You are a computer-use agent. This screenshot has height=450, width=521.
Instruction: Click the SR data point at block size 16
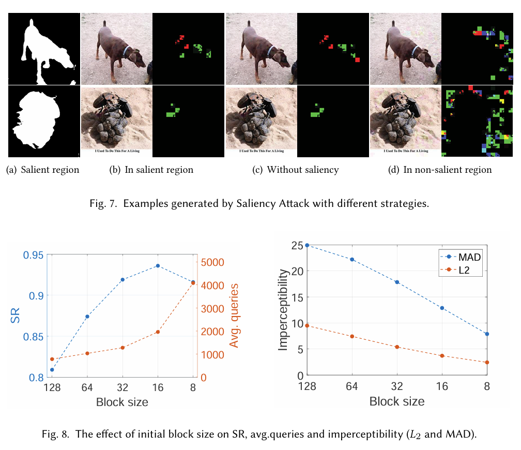(158, 266)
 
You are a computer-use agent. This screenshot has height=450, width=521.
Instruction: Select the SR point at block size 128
(52, 370)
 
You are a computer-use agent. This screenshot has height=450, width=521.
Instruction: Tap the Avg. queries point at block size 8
(193, 283)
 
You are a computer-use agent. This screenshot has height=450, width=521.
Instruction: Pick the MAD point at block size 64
(352, 260)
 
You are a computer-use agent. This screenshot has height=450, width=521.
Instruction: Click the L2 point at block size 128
(307, 325)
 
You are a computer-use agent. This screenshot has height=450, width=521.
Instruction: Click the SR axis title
(16, 317)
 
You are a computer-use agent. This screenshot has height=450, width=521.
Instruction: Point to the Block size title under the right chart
(396, 401)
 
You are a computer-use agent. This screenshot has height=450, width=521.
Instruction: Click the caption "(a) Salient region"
(42, 170)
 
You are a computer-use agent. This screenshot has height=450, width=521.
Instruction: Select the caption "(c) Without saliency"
(296, 170)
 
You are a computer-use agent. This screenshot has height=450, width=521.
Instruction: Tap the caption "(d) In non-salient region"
(440, 170)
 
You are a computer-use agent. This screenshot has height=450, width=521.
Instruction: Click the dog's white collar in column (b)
(126, 51)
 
